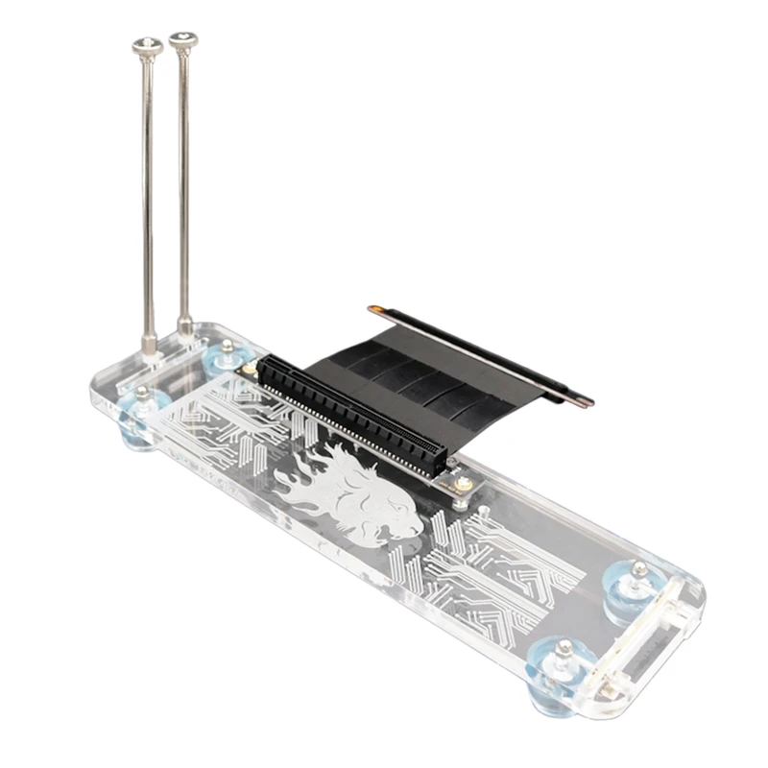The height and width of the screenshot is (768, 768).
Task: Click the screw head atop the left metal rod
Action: pos(146,46)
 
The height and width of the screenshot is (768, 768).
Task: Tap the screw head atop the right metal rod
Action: pos(183,41)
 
